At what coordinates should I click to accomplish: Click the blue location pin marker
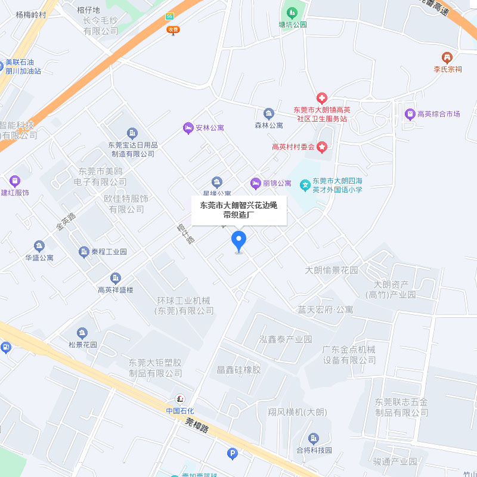[239, 241]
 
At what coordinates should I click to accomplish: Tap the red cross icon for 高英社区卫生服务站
[321, 98]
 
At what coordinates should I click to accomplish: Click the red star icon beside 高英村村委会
[323, 147]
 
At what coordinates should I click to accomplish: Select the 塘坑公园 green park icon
[292, 13]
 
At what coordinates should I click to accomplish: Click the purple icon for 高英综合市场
[410, 114]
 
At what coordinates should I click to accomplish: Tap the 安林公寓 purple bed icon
[188, 128]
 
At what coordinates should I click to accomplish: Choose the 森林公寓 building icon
[269, 113]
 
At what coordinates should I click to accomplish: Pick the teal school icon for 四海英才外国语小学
[305, 185]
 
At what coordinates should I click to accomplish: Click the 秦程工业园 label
[109, 252]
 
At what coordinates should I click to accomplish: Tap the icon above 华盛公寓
[39, 246]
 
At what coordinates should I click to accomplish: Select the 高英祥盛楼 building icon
[116, 278]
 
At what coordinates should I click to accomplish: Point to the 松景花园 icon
[82, 333]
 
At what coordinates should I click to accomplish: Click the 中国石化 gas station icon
[179, 399]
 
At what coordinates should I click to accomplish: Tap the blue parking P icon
[232, 454]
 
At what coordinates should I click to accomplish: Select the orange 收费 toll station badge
[173, 29]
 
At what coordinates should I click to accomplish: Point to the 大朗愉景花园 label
[332, 270]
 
